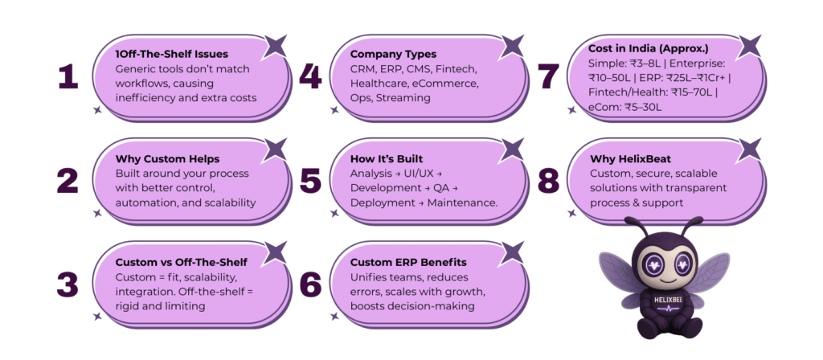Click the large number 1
coord(68,76)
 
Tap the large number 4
coord(309,76)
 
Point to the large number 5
coord(309,181)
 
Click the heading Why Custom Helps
coord(167,158)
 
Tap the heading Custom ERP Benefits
coord(408,263)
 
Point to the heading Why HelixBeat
coord(632,158)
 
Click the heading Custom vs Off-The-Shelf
coord(182,263)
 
